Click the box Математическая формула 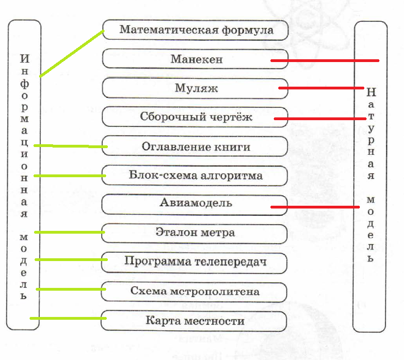click(196, 30)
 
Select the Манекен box click(196, 59)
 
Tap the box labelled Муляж click(196, 88)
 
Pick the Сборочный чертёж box click(196, 117)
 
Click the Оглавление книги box click(196, 146)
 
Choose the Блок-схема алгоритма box click(196, 176)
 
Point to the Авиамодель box click(196, 203)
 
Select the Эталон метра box click(196, 233)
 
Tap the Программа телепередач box click(196, 262)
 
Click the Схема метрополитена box click(196, 291)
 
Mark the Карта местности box click(196, 321)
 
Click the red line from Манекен click(324, 60)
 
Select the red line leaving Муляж click(321, 88)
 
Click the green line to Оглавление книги click(70, 146)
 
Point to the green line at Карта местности click(68, 319)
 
